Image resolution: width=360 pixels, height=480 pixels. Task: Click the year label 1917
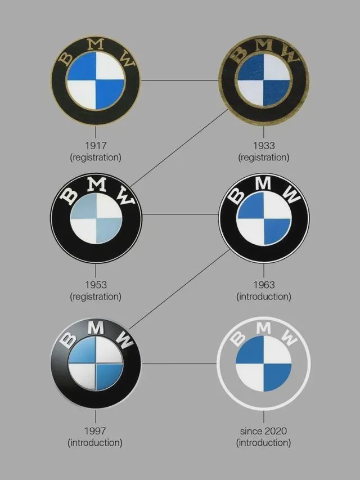(x=95, y=146)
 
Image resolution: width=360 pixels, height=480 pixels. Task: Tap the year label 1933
(x=263, y=146)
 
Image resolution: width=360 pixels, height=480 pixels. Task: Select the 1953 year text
(x=95, y=285)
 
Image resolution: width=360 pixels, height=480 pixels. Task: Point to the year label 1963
(x=263, y=285)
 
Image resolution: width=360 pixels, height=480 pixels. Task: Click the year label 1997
(x=95, y=431)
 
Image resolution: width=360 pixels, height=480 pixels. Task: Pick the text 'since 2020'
(x=263, y=431)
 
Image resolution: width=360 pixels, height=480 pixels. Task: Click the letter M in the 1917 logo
(x=96, y=44)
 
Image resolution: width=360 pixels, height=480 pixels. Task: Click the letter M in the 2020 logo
(x=264, y=326)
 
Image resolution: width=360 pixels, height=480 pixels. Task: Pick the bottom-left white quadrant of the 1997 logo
(x=82, y=376)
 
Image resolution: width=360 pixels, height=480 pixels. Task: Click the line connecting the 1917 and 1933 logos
(x=179, y=80)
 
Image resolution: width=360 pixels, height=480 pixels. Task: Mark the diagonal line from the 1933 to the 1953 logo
(x=180, y=147)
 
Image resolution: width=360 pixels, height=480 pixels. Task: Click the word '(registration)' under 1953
(x=95, y=296)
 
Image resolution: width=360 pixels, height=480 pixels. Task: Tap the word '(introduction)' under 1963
(x=263, y=296)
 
